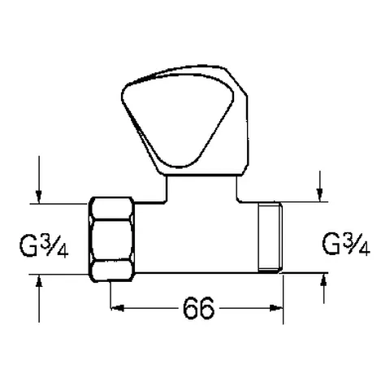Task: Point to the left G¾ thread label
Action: click(44, 242)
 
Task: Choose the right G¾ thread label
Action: click(345, 242)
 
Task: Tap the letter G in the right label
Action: click(331, 243)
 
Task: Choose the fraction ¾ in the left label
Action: click(54, 241)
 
